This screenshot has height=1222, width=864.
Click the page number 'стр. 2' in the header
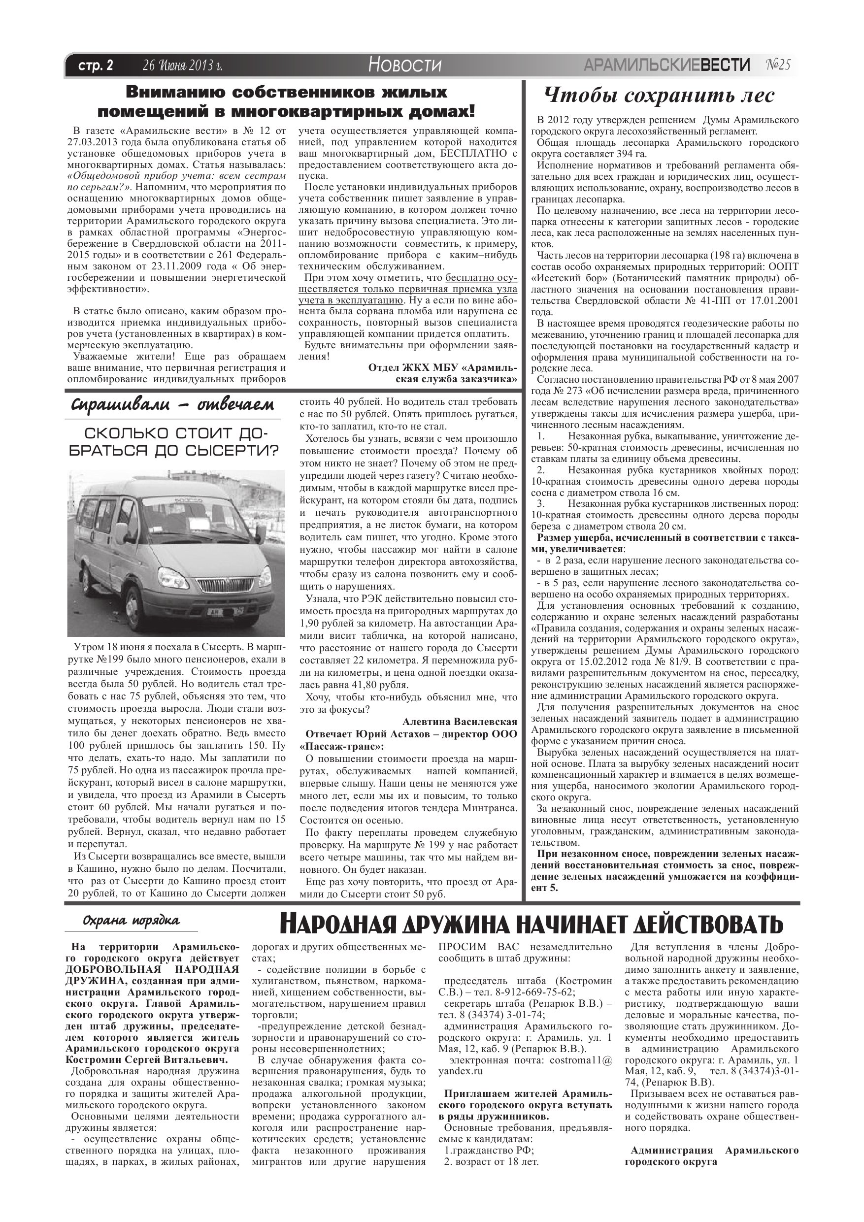[96, 66]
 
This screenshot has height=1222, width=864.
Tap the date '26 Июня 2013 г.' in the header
[182, 66]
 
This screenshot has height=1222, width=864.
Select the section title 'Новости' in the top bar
[404, 66]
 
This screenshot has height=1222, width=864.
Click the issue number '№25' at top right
[778, 65]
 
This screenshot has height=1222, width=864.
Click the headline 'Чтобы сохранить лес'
[660, 96]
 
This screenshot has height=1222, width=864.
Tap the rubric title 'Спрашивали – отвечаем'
[172, 405]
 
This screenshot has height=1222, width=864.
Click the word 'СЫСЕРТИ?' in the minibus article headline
[232, 450]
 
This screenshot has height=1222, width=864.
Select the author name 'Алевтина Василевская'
[460, 722]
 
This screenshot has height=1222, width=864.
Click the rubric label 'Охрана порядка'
[131, 921]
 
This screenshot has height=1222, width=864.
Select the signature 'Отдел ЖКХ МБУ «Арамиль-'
[442, 368]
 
